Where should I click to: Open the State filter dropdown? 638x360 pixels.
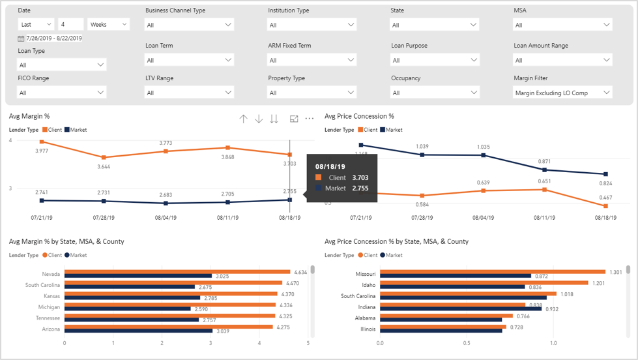(435, 25)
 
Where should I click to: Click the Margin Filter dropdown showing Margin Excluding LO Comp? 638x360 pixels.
(562, 93)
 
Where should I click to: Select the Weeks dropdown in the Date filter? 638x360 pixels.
(108, 24)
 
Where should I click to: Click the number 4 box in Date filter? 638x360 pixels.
(71, 24)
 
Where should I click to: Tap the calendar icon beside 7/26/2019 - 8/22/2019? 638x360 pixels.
(21, 38)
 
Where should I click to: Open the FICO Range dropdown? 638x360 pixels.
(62, 93)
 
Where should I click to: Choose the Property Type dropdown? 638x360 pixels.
(312, 93)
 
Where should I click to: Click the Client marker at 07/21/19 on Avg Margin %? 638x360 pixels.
(42, 142)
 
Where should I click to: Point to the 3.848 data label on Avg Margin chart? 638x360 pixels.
(227, 157)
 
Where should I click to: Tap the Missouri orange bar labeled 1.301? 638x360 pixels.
(493, 271)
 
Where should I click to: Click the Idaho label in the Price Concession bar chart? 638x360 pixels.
(368, 285)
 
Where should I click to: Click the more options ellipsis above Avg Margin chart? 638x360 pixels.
(310, 119)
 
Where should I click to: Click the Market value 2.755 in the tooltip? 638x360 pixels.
(360, 188)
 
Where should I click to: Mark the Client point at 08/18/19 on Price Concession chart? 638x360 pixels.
(606, 206)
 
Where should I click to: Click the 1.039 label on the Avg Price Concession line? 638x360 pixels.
(422, 146)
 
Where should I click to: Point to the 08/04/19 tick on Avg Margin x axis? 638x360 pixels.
(166, 218)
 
